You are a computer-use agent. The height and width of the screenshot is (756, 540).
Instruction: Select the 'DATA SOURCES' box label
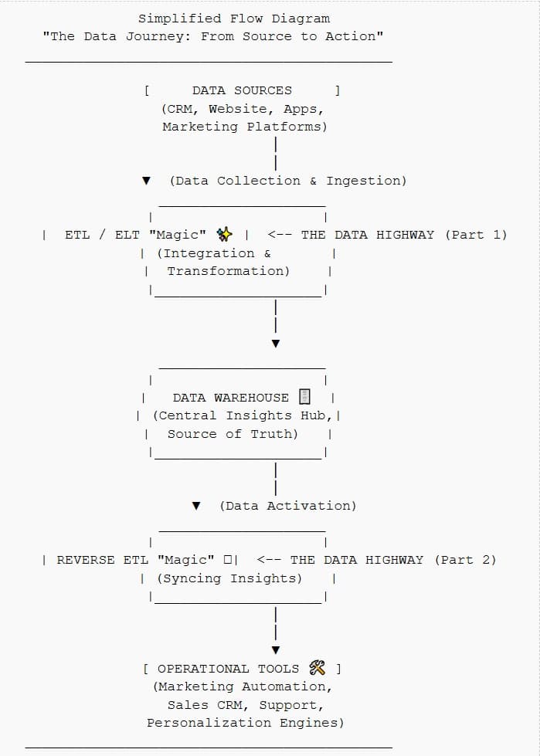242,90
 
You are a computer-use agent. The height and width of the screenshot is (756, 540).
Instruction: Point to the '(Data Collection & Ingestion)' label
287,181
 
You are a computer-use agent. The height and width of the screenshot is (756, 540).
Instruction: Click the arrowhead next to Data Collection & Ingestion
146,181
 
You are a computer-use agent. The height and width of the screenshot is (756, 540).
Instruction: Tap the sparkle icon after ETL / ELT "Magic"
225,235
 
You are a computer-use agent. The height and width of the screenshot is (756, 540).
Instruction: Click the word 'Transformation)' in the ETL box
228,271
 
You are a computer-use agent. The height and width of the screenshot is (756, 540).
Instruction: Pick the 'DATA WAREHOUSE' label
230,398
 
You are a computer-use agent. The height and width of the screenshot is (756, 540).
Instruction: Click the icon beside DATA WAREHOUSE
304,397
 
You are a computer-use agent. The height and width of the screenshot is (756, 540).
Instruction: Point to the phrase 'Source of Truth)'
232,434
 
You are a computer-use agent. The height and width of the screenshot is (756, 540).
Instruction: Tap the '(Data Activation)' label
287,506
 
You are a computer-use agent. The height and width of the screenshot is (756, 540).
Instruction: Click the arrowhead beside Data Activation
196,506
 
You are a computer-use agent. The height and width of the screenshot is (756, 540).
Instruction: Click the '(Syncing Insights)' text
229,578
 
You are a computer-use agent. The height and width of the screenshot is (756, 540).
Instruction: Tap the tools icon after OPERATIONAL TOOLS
317,668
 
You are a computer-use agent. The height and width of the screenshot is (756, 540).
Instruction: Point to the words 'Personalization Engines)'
245,723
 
